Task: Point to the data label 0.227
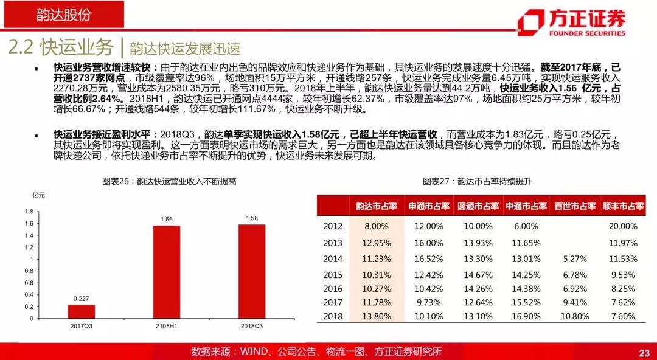(82, 299)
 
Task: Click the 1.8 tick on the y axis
(29, 212)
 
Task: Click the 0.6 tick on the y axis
(29, 283)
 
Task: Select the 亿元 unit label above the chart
(38, 195)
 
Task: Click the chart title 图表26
(170, 181)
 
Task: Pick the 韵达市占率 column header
(376, 207)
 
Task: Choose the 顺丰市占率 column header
(623, 207)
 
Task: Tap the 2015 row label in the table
(333, 274)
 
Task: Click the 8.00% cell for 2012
(376, 226)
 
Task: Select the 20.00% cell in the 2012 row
(622, 226)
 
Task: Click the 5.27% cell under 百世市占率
(575, 258)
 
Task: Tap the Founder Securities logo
(571, 22)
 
